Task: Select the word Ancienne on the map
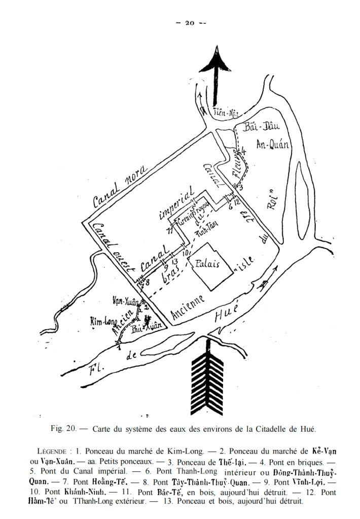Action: (188, 307)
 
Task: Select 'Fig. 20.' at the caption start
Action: (63, 429)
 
